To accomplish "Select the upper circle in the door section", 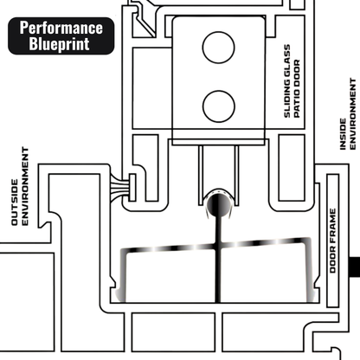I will (219, 48).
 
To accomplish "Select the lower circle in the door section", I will (219, 106).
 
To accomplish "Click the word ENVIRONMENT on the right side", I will (351, 110).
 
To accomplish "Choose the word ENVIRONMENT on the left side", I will (27, 192).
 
